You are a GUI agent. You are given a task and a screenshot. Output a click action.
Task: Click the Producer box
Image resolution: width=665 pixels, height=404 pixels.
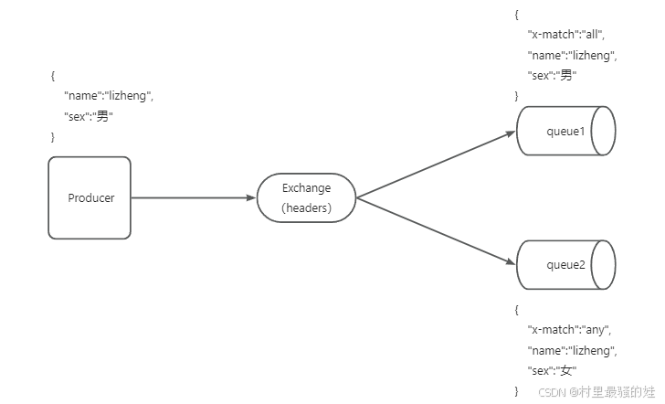tap(90, 197)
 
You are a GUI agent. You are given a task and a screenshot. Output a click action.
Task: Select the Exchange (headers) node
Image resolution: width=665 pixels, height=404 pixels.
tap(306, 197)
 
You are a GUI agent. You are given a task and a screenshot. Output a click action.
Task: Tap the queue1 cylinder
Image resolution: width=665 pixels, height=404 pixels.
tap(565, 132)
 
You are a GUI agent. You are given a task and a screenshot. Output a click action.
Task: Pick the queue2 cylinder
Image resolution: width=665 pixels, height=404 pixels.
tap(565, 264)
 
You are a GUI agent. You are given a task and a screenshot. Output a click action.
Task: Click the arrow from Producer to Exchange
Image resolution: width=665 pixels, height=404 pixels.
tap(192, 197)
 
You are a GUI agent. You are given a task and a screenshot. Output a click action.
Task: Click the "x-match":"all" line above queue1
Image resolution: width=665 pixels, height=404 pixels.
tap(566, 35)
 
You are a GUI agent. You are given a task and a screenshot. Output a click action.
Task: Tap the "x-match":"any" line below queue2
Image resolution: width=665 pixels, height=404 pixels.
tap(568, 330)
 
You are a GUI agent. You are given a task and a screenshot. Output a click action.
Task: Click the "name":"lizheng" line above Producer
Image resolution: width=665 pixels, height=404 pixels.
tap(107, 96)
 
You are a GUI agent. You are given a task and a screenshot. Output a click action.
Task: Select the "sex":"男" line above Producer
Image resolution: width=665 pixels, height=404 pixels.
tap(88, 116)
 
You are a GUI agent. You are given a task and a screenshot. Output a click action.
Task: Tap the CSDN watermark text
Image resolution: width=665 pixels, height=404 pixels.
tap(594, 391)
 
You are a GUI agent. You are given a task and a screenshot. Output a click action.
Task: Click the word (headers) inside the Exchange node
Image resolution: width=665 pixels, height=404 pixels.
tap(306, 207)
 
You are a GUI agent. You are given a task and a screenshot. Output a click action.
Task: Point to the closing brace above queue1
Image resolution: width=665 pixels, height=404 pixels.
tap(516, 96)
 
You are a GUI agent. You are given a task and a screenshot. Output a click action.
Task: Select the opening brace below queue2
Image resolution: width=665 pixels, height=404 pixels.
tap(516, 310)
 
